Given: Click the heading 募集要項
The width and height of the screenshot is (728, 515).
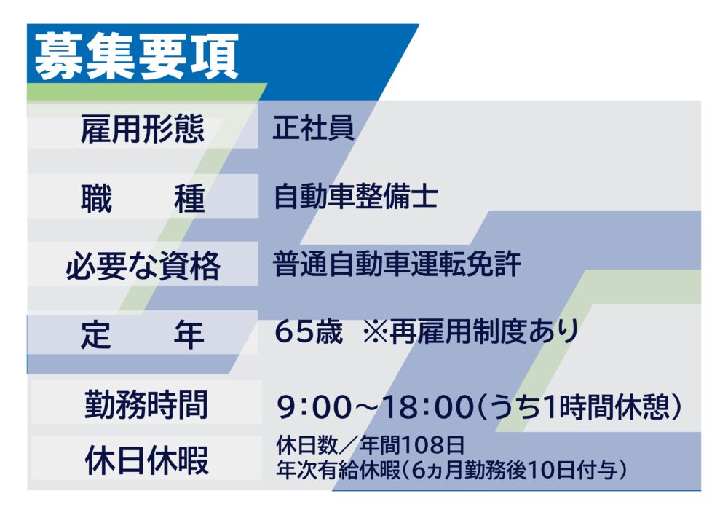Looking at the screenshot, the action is tap(136, 56).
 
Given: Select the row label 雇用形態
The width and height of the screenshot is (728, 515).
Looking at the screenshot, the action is tap(143, 129).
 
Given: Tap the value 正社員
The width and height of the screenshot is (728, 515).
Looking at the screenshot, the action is tap(313, 127).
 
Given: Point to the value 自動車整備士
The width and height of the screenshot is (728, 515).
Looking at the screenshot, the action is tap(356, 196).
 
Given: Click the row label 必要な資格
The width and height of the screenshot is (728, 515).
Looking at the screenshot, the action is tap(143, 266).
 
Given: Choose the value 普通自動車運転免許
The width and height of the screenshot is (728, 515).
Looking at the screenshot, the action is tap(397, 264).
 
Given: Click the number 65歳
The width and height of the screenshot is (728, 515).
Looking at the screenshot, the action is tap(308, 331).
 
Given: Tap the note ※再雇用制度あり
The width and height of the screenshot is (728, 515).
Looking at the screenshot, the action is tap(470, 331).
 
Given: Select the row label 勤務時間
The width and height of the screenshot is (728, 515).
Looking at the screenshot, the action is tap(146, 404).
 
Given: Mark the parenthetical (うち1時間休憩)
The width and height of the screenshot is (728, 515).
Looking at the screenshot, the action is tap(579, 406).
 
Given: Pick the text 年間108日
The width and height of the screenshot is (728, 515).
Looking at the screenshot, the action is tap(411, 445).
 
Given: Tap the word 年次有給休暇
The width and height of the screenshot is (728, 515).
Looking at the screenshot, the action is tap(339, 470).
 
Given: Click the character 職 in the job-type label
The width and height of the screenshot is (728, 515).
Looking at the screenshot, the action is tap(97, 198).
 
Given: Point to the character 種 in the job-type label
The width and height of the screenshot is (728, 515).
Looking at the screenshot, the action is tap(189, 198).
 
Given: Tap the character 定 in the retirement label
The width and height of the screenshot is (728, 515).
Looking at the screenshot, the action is tap(96, 334).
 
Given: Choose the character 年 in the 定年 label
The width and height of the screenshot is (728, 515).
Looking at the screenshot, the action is tap(189, 334).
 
